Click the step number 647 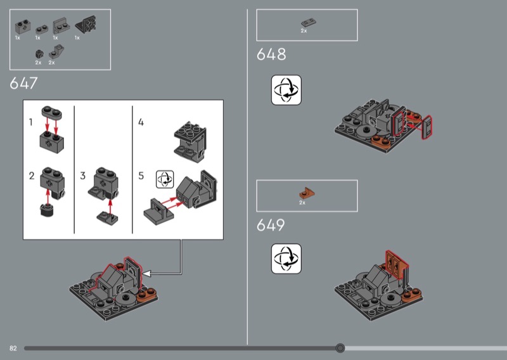[23, 83]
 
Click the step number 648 [271, 54]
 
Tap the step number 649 [271, 225]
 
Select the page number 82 [13, 348]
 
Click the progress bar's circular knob [340, 348]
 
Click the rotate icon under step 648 [286, 90]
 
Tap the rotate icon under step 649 [286, 259]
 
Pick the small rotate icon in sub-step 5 [165, 179]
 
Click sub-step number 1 [30, 122]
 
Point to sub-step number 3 [83, 176]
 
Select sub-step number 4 [141, 122]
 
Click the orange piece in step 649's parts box [306, 193]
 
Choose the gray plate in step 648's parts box [309, 23]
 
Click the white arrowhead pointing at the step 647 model [146, 274]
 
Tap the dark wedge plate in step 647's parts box [86, 25]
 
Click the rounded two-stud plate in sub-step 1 [52, 113]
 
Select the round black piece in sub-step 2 [47, 210]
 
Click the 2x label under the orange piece [302, 202]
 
